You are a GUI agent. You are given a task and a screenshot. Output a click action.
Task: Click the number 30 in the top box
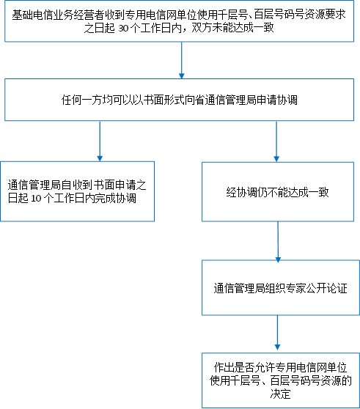click(x=123, y=29)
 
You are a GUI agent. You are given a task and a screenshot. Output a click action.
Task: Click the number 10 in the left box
click(x=36, y=199)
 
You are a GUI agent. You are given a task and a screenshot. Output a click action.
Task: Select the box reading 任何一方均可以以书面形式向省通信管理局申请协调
click(x=179, y=100)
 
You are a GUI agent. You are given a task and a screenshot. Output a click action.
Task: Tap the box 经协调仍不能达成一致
click(x=278, y=192)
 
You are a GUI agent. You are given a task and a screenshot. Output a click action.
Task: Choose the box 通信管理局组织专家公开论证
click(x=281, y=287)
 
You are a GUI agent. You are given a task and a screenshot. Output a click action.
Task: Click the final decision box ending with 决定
click(x=281, y=380)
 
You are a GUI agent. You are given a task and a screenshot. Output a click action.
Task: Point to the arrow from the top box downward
click(x=182, y=60)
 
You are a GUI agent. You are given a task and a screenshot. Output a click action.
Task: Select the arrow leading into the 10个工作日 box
click(x=100, y=141)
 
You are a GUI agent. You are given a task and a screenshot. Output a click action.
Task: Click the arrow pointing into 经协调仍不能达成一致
click(x=276, y=141)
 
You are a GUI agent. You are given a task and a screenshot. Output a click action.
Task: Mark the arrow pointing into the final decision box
click(x=278, y=333)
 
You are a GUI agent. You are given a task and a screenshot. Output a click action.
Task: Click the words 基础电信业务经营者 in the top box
click(x=58, y=15)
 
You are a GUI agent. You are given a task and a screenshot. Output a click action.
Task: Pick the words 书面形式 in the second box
click(x=164, y=100)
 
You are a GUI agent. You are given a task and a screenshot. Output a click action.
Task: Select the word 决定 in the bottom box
click(x=280, y=394)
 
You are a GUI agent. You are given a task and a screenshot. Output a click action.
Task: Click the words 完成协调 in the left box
click(x=115, y=199)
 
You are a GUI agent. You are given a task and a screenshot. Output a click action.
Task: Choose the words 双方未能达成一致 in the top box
click(x=232, y=28)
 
